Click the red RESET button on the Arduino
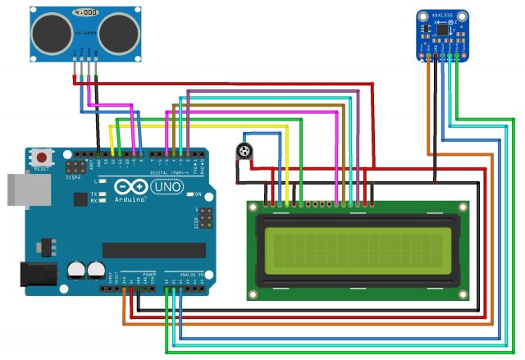[x=42, y=157]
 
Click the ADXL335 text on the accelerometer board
[x=443, y=14]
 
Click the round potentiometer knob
[x=244, y=151]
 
